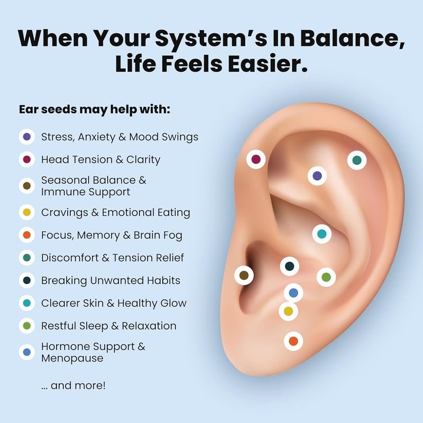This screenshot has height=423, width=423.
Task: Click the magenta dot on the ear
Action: click(x=256, y=159)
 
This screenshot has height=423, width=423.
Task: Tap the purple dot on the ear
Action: click(x=317, y=176)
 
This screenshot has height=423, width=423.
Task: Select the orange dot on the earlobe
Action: click(x=293, y=341)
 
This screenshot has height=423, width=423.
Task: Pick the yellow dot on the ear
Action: click(x=288, y=311)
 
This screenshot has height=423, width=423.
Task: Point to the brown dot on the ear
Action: click(x=244, y=275)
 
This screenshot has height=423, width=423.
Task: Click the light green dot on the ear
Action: click(x=326, y=277)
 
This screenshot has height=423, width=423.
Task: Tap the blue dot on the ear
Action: click(x=293, y=293)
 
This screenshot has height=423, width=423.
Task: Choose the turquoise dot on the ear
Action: click(x=321, y=234)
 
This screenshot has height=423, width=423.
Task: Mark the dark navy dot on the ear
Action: click(x=289, y=266)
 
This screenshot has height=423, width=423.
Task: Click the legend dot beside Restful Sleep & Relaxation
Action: click(x=27, y=326)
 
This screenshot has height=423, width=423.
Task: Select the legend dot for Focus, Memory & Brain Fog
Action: click(x=27, y=235)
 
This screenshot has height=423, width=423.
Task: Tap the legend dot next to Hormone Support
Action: click(x=27, y=352)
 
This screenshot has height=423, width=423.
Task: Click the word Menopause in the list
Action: click(x=72, y=358)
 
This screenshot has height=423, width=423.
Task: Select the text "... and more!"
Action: click(x=73, y=385)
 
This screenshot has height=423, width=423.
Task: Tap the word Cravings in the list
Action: click(x=65, y=213)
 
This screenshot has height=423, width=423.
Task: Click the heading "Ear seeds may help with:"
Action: click(x=95, y=109)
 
